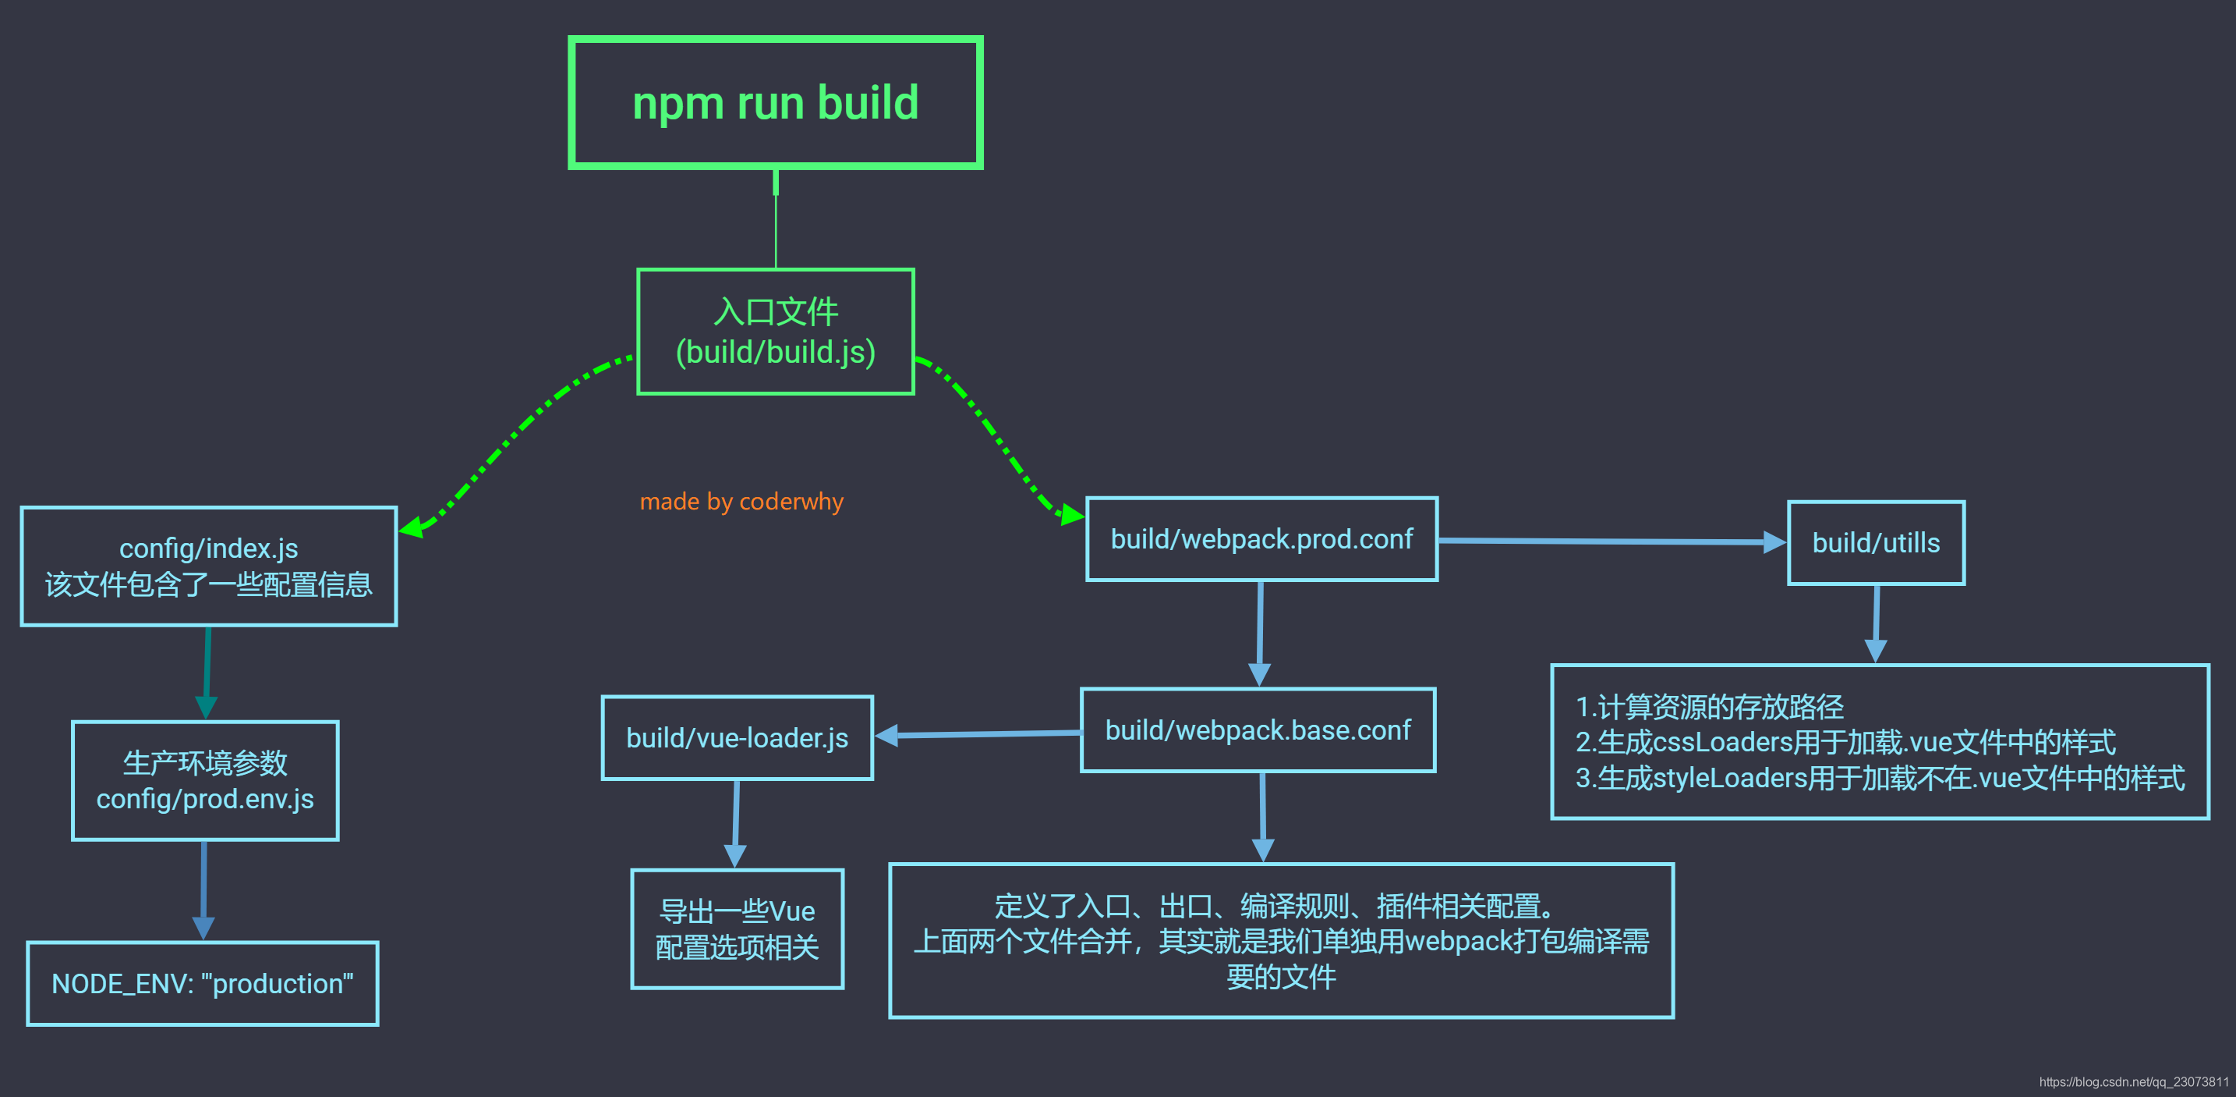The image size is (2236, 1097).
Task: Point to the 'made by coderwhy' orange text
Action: click(741, 501)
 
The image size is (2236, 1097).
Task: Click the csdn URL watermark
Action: click(2134, 1081)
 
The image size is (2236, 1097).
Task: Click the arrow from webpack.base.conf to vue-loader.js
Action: click(978, 735)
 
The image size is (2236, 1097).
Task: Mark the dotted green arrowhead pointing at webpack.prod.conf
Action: click(1073, 514)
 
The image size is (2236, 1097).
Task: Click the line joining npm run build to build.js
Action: click(775, 219)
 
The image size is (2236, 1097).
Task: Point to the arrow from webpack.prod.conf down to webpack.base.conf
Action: click(1259, 634)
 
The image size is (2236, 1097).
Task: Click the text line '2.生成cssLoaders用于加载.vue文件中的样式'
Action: click(1845, 742)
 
